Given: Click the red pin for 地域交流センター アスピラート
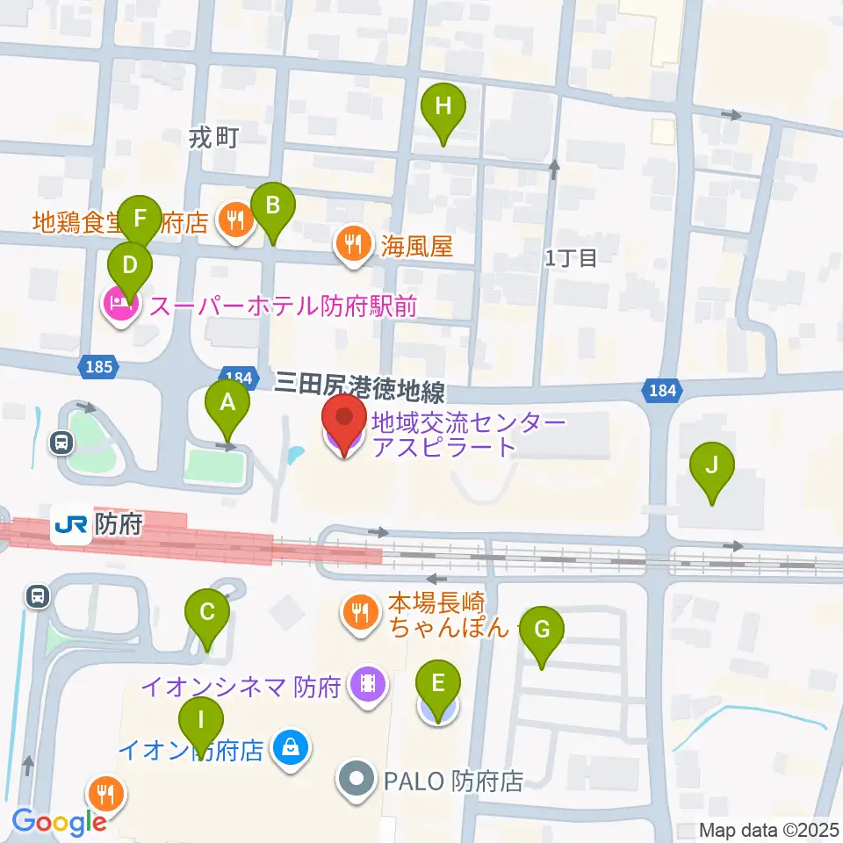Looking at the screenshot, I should click(x=344, y=423).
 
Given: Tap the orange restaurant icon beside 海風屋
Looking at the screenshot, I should click(x=354, y=244).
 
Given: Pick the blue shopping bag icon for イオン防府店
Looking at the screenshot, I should click(x=288, y=749).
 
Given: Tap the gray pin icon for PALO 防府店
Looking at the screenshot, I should click(x=357, y=780).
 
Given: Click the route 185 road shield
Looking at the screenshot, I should click(x=99, y=367).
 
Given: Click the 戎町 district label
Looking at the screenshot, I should click(x=214, y=136).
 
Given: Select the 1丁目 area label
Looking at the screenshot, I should click(x=571, y=257).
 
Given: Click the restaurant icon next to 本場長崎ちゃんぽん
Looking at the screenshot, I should click(x=359, y=611).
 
